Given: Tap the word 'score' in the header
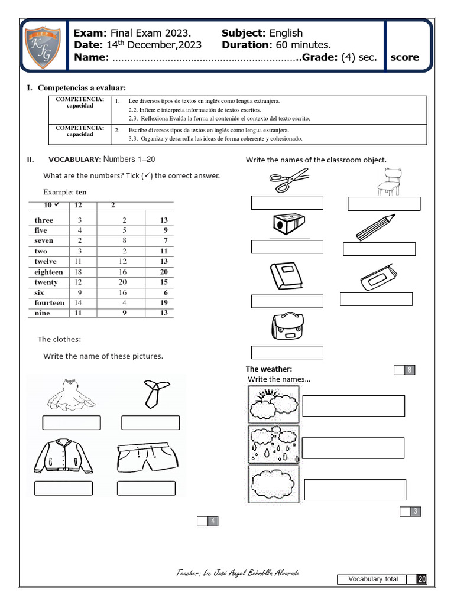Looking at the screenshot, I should [405, 57].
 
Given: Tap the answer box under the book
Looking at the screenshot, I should [287, 301].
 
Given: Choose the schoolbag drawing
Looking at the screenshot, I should [287, 328].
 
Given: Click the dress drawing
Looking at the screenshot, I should [72, 395].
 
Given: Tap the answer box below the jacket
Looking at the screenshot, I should [63, 489].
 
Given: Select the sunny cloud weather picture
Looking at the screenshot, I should [273, 405].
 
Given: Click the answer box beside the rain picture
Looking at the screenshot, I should [353, 448].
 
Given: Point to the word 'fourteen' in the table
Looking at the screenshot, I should [50, 303].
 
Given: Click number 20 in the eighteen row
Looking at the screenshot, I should [164, 272].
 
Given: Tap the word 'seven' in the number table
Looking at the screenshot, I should [44, 241].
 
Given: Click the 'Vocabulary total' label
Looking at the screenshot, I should [373, 580].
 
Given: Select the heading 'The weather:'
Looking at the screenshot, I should [269, 369].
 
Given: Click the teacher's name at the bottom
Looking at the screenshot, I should [241, 574].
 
